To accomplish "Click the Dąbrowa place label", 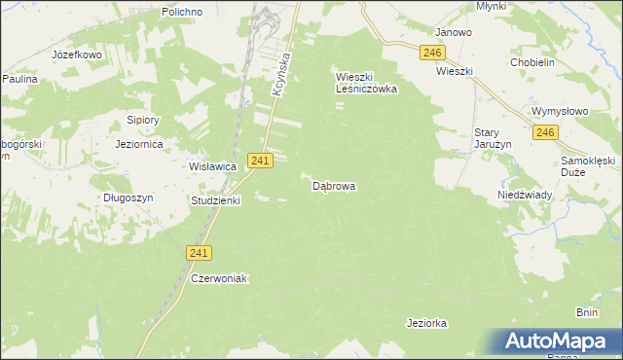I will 334,185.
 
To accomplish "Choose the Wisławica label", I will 213,166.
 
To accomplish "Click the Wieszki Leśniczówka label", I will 367,82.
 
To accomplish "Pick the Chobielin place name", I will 532,62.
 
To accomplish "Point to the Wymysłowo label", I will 561,111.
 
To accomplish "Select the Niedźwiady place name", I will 526,194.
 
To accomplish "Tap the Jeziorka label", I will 426,321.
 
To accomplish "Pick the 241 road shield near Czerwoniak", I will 198,252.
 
